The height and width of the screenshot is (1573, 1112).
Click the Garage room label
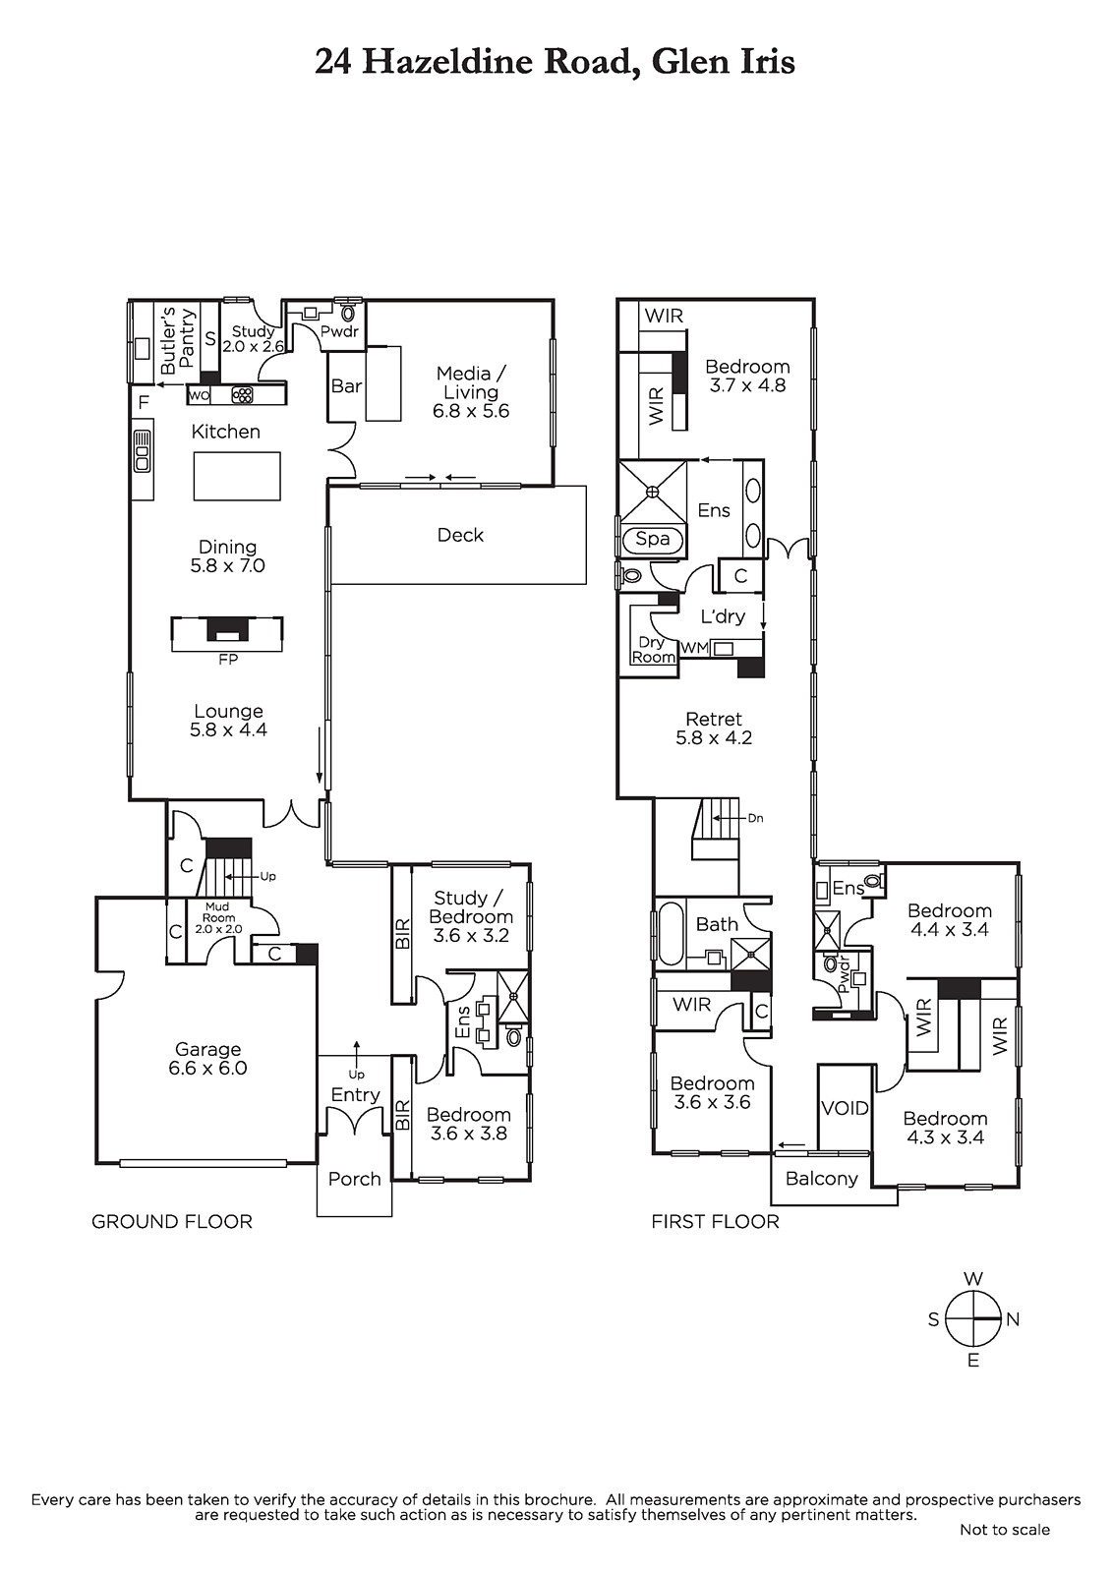(x=207, y=1049)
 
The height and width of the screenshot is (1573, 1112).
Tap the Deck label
(x=460, y=535)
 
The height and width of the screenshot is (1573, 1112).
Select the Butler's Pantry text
(x=176, y=340)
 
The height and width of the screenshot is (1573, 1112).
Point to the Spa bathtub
(x=652, y=540)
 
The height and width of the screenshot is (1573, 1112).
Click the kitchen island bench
(x=237, y=476)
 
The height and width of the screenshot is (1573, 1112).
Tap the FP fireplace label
(x=228, y=660)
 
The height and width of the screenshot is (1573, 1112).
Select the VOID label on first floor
(x=846, y=1108)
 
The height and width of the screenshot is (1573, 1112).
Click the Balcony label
(x=821, y=1178)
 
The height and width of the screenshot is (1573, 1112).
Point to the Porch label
(x=354, y=1179)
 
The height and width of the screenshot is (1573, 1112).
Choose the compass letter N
(x=1013, y=1319)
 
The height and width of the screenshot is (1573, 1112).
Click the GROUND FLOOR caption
(x=171, y=1221)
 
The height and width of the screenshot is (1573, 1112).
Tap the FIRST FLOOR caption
(x=715, y=1221)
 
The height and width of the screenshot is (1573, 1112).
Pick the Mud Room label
(x=218, y=912)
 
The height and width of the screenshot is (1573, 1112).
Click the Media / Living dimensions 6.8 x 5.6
(x=471, y=411)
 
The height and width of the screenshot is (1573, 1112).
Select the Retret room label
(x=714, y=719)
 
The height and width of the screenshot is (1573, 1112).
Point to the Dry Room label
(x=653, y=650)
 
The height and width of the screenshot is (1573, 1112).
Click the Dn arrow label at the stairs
(x=755, y=818)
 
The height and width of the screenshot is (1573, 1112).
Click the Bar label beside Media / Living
(x=346, y=385)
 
